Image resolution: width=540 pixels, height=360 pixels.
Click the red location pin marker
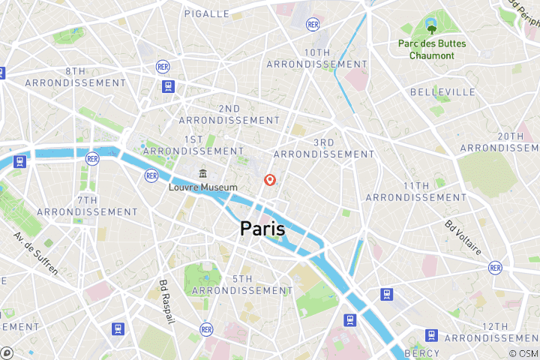(x=270, y=180)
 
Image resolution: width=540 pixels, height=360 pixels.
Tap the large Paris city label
(x=262, y=229)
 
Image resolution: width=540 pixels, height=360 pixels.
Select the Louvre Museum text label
(x=203, y=187)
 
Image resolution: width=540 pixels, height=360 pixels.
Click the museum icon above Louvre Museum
(x=202, y=175)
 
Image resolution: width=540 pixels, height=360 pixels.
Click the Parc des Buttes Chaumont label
(x=432, y=49)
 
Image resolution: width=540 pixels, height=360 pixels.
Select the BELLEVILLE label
(x=442, y=91)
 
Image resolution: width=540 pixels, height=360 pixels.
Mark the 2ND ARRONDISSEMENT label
(x=229, y=114)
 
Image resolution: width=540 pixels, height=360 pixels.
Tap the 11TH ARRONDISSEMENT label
(x=415, y=191)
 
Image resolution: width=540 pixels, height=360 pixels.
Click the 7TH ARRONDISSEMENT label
(x=87, y=205)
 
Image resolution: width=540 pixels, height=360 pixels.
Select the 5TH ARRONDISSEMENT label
(x=243, y=284)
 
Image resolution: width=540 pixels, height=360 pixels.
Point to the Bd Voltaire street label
(x=463, y=238)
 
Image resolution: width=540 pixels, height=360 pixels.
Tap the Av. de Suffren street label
(x=35, y=253)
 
